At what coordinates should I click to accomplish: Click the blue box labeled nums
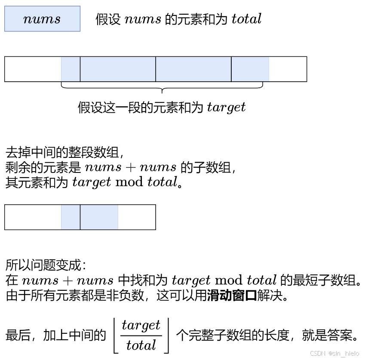coord(42,19)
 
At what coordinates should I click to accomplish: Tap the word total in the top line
coord(246,19)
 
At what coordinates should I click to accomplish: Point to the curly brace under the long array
coord(162,88)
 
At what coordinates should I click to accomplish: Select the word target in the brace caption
coord(226,107)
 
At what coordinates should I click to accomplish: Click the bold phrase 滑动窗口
coord(232,296)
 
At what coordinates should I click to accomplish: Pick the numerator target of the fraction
coord(141,325)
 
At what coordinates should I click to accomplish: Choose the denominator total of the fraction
coord(141,345)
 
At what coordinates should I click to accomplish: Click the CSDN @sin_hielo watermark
coord(334,353)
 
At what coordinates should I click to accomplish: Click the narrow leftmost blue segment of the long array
coord(71,69)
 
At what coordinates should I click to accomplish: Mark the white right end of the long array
coord(288,69)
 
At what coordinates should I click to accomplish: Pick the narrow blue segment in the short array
coord(71,217)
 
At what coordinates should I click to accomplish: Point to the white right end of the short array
coord(137,217)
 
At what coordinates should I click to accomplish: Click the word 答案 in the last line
coord(342,335)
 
